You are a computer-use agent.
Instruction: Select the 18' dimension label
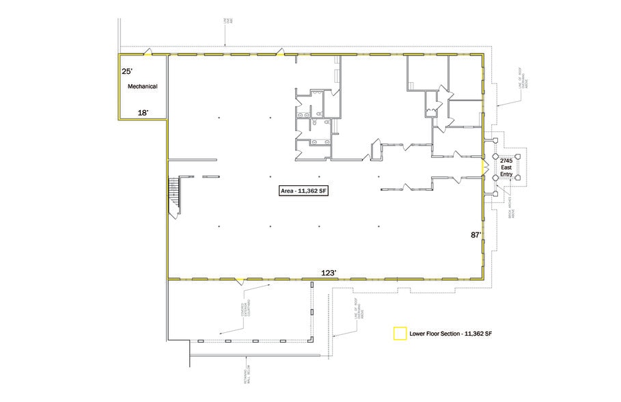click(x=143, y=113)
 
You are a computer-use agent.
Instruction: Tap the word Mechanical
click(x=143, y=87)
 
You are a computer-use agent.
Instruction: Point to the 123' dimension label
click(x=329, y=272)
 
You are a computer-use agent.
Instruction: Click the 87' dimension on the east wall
click(x=476, y=235)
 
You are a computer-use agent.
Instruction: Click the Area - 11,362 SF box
click(x=304, y=191)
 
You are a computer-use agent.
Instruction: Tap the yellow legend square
click(x=398, y=334)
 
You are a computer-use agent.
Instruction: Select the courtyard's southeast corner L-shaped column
click(x=313, y=340)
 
